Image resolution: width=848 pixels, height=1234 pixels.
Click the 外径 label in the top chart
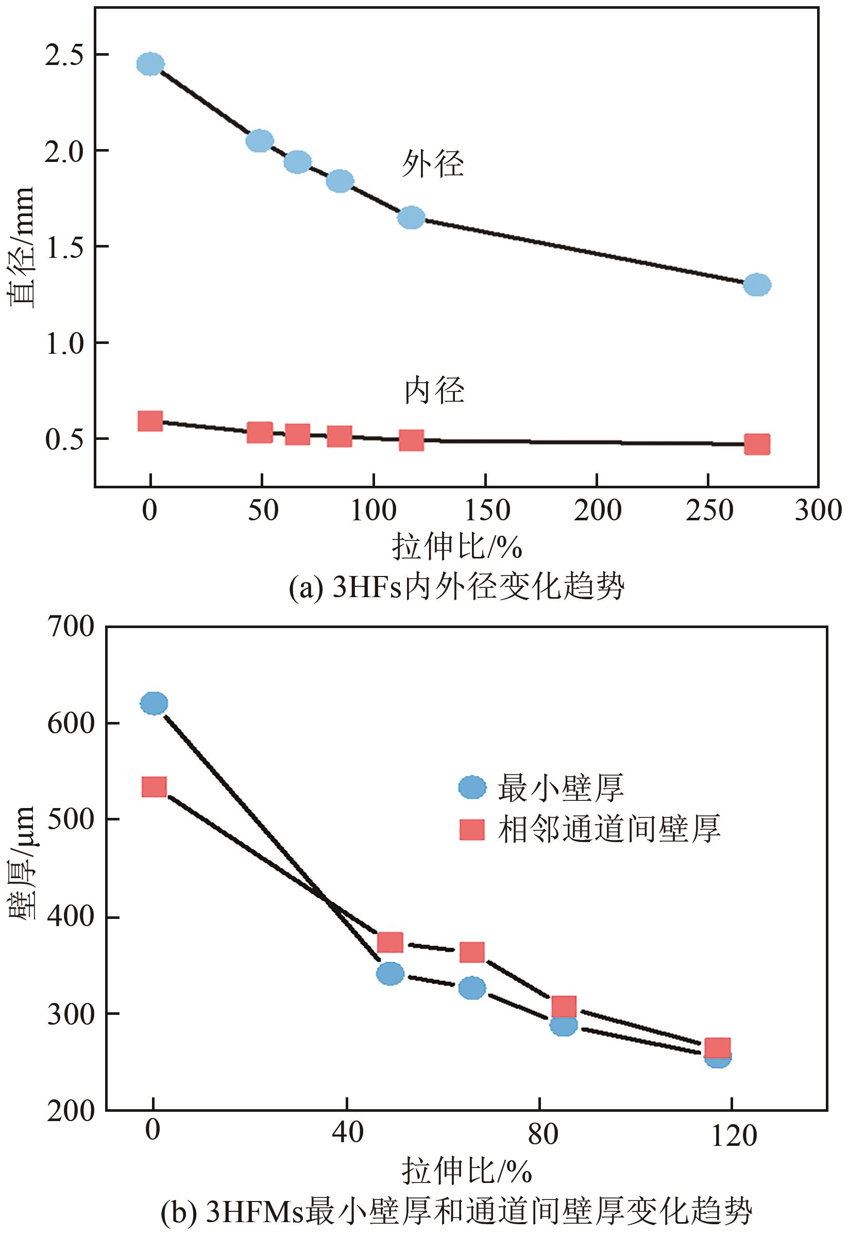coord(433,163)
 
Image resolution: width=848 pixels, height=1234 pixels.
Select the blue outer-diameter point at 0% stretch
coord(150,64)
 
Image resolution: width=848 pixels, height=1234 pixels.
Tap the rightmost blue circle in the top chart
coord(757,285)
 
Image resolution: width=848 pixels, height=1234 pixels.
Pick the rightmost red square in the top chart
coord(757,444)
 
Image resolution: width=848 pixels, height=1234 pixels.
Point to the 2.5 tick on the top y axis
coord(65,55)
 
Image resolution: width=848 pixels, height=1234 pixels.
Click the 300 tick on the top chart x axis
coord(818,511)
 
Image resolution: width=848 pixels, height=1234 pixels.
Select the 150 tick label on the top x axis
coord(486,511)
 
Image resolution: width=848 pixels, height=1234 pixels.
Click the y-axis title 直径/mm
coord(21,246)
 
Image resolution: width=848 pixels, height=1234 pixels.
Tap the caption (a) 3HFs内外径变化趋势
coord(456,587)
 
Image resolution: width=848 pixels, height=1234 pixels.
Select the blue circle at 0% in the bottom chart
coord(154,703)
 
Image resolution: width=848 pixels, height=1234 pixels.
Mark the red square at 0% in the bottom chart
coord(154,787)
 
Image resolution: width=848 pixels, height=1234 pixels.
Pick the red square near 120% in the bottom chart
coord(717,1048)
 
